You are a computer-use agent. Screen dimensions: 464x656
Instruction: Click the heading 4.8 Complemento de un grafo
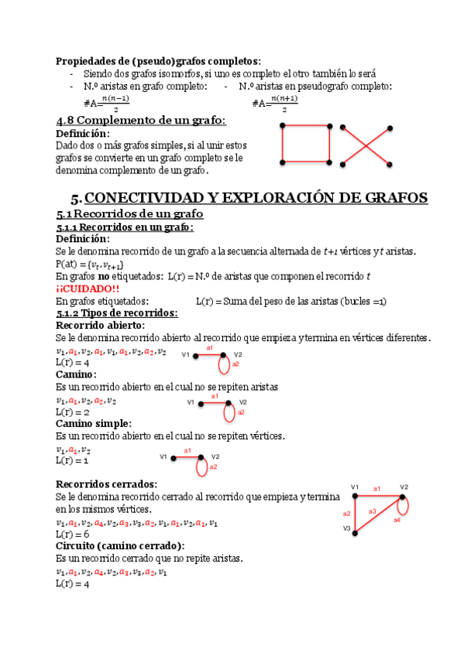tap(141, 121)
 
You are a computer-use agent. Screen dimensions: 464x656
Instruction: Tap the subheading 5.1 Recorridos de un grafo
tap(129, 214)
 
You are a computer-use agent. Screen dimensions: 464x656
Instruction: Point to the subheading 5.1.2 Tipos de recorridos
tap(116, 313)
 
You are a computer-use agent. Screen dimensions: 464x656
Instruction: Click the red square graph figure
tap(306, 144)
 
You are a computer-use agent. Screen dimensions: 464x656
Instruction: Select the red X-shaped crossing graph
tap(365, 144)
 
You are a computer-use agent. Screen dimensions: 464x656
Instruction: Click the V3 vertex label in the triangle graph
tap(347, 529)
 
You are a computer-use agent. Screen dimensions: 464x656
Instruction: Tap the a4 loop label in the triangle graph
tap(397, 520)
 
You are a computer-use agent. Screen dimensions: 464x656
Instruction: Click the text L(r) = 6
tap(73, 535)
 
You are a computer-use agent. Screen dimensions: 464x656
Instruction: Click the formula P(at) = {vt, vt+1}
tap(90, 264)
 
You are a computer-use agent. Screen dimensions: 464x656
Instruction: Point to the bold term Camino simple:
tap(93, 424)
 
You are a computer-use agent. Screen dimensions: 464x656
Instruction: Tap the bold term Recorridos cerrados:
tap(107, 483)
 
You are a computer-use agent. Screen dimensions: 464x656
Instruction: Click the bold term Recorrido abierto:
tap(100, 326)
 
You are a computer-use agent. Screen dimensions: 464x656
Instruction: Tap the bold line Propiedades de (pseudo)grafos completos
tap(158, 60)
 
